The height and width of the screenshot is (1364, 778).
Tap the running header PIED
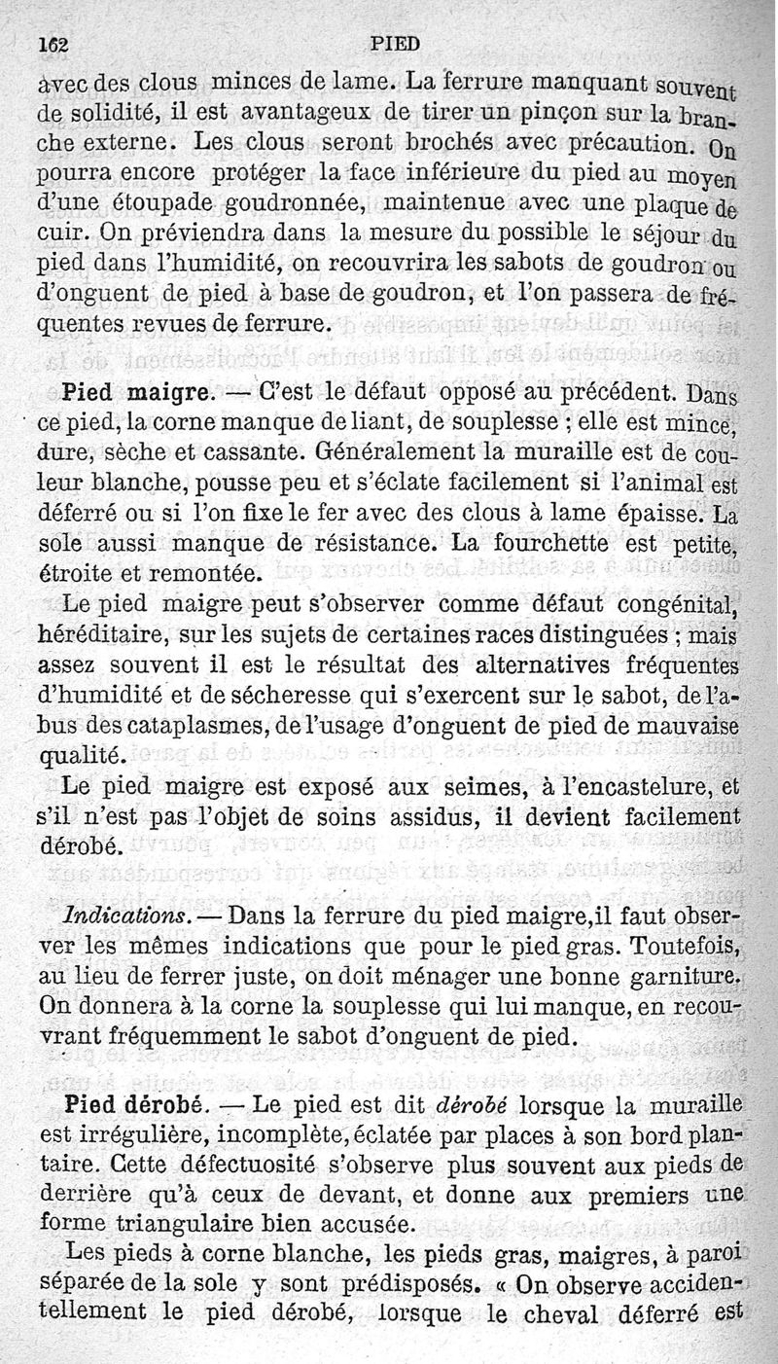[x=395, y=43]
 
